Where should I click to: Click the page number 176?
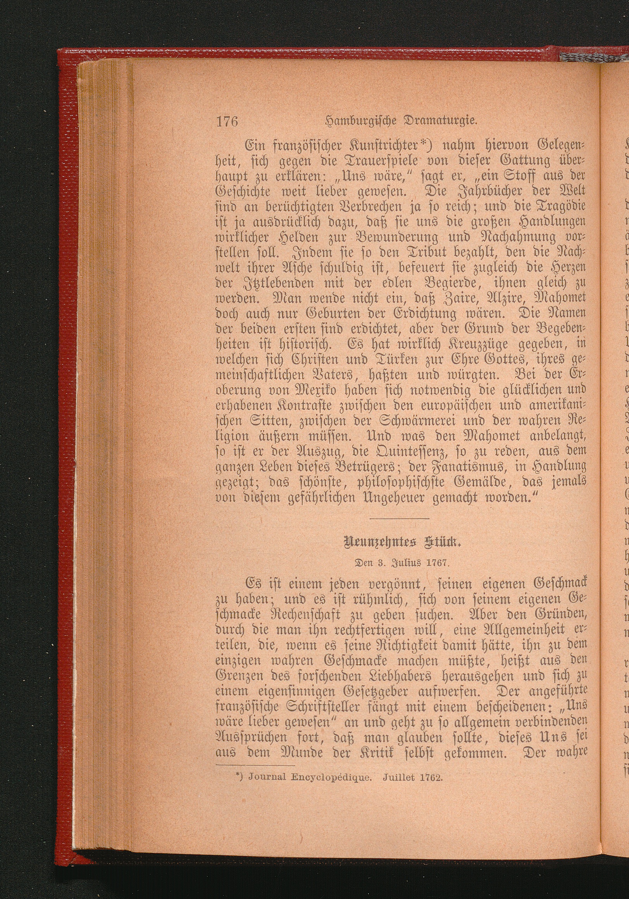pyautogui.click(x=227, y=122)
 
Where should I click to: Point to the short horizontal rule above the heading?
pyautogui.click(x=399, y=519)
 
